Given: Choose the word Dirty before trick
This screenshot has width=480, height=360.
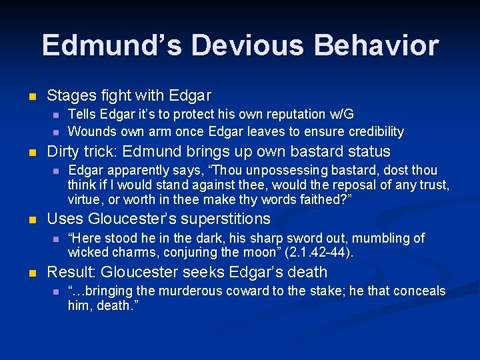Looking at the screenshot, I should (64, 151).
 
